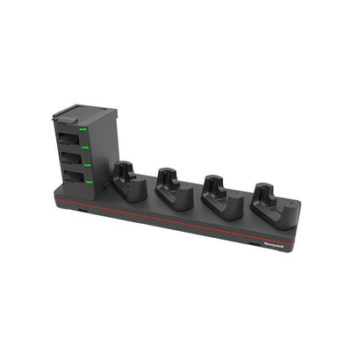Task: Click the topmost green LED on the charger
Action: (83, 130)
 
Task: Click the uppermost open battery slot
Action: (68, 140)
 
